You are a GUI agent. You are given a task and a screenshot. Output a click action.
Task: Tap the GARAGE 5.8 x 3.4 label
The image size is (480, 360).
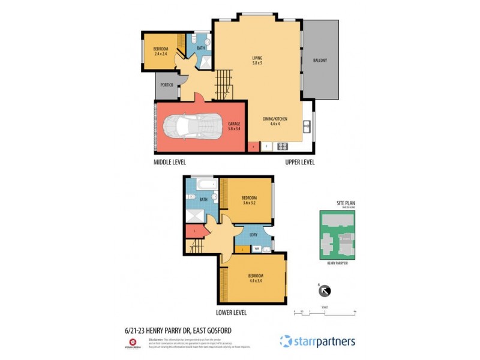234,127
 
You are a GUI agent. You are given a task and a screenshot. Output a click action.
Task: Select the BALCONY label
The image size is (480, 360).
320,61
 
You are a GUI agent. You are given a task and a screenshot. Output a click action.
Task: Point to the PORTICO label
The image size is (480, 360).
167,86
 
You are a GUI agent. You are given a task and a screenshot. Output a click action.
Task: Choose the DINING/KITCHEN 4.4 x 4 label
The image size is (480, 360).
275,121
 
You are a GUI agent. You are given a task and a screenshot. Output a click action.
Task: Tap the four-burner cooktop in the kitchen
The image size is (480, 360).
281,146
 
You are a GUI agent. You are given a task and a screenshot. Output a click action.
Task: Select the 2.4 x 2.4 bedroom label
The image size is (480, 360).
160,51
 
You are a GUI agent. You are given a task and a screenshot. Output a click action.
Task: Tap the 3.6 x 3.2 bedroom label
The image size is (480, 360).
249,200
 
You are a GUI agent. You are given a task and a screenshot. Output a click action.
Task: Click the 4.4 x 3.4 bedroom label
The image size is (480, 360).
256,278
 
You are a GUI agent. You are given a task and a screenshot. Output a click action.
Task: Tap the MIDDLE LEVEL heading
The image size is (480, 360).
170,162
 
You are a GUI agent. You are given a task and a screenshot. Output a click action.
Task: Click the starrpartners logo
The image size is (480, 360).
317,341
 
